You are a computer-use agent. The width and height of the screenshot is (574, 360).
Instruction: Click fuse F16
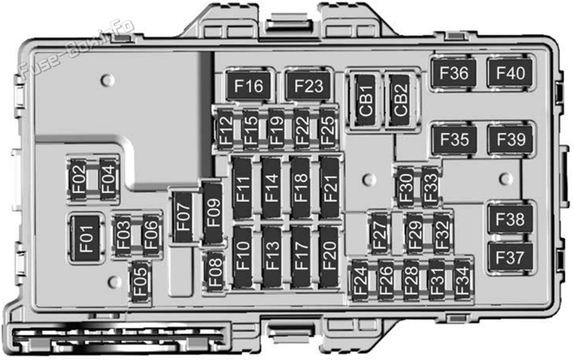tap(249, 86)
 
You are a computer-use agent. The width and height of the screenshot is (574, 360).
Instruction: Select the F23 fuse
tap(308, 86)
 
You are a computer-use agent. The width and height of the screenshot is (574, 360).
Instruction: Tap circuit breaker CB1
tap(366, 100)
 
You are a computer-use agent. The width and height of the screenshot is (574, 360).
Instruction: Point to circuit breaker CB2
tap(400, 100)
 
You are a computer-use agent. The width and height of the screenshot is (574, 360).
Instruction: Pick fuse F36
tap(454, 73)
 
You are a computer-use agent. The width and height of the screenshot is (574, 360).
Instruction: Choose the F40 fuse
tap(510, 73)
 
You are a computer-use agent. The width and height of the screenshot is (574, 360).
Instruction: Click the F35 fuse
tap(455, 139)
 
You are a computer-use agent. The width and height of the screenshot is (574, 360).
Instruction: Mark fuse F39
tap(510, 139)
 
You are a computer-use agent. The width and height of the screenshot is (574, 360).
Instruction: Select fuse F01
tap(86, 239)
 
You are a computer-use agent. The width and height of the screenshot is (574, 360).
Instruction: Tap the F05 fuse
tap(140, 281)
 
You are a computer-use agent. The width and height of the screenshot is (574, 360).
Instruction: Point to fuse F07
tap(183, 218)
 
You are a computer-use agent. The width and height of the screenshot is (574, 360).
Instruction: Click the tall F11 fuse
tap(243, 188)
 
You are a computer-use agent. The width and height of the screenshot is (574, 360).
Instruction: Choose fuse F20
tap(329, 257)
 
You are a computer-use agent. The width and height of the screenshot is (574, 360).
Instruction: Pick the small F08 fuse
tap(215, 272)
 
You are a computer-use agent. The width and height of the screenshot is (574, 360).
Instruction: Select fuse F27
tap(380, 233)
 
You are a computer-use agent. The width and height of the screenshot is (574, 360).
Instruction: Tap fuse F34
tap(462, 280)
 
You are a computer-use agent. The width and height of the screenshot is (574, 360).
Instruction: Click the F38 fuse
tap(510, 219)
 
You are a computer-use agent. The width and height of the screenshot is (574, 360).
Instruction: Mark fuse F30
tap(406, 188)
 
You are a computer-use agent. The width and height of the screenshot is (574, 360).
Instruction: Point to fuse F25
tap(328, 129)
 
